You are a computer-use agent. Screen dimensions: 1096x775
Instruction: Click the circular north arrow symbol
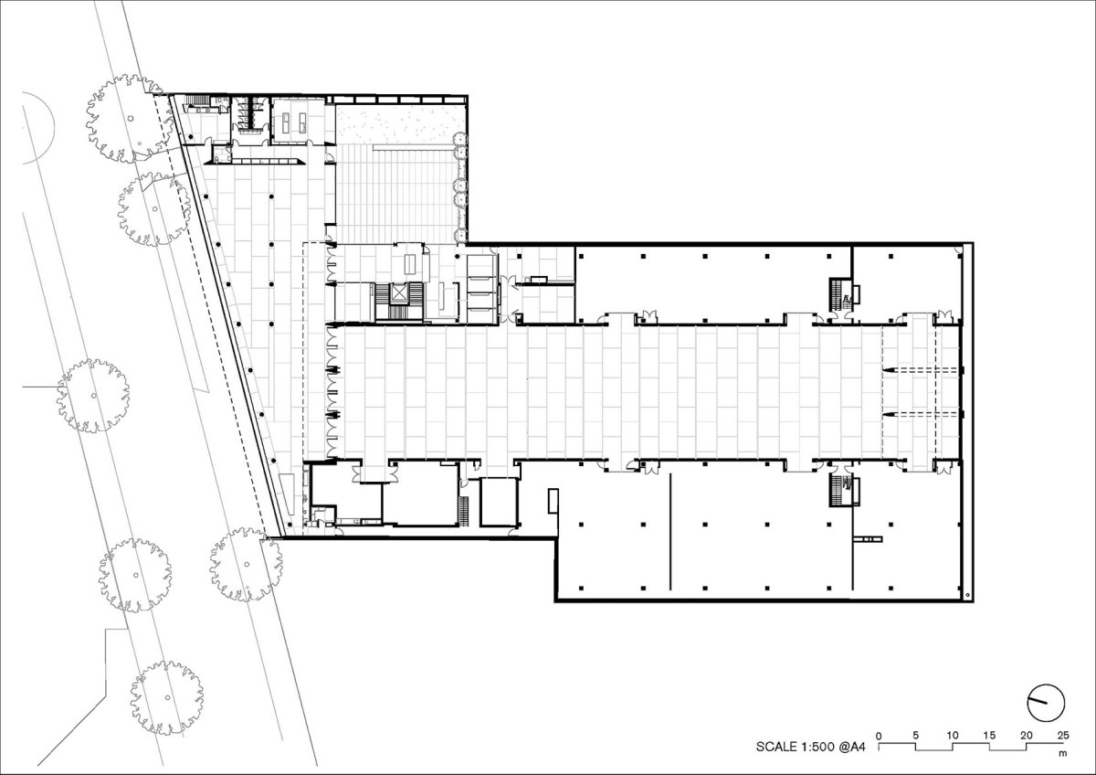point(1046,703)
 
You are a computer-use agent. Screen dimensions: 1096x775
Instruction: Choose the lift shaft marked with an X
point(399,293)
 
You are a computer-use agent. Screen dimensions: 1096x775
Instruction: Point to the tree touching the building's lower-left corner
point(246,564)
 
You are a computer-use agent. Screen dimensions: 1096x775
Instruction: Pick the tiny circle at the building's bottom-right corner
point(967,595)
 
